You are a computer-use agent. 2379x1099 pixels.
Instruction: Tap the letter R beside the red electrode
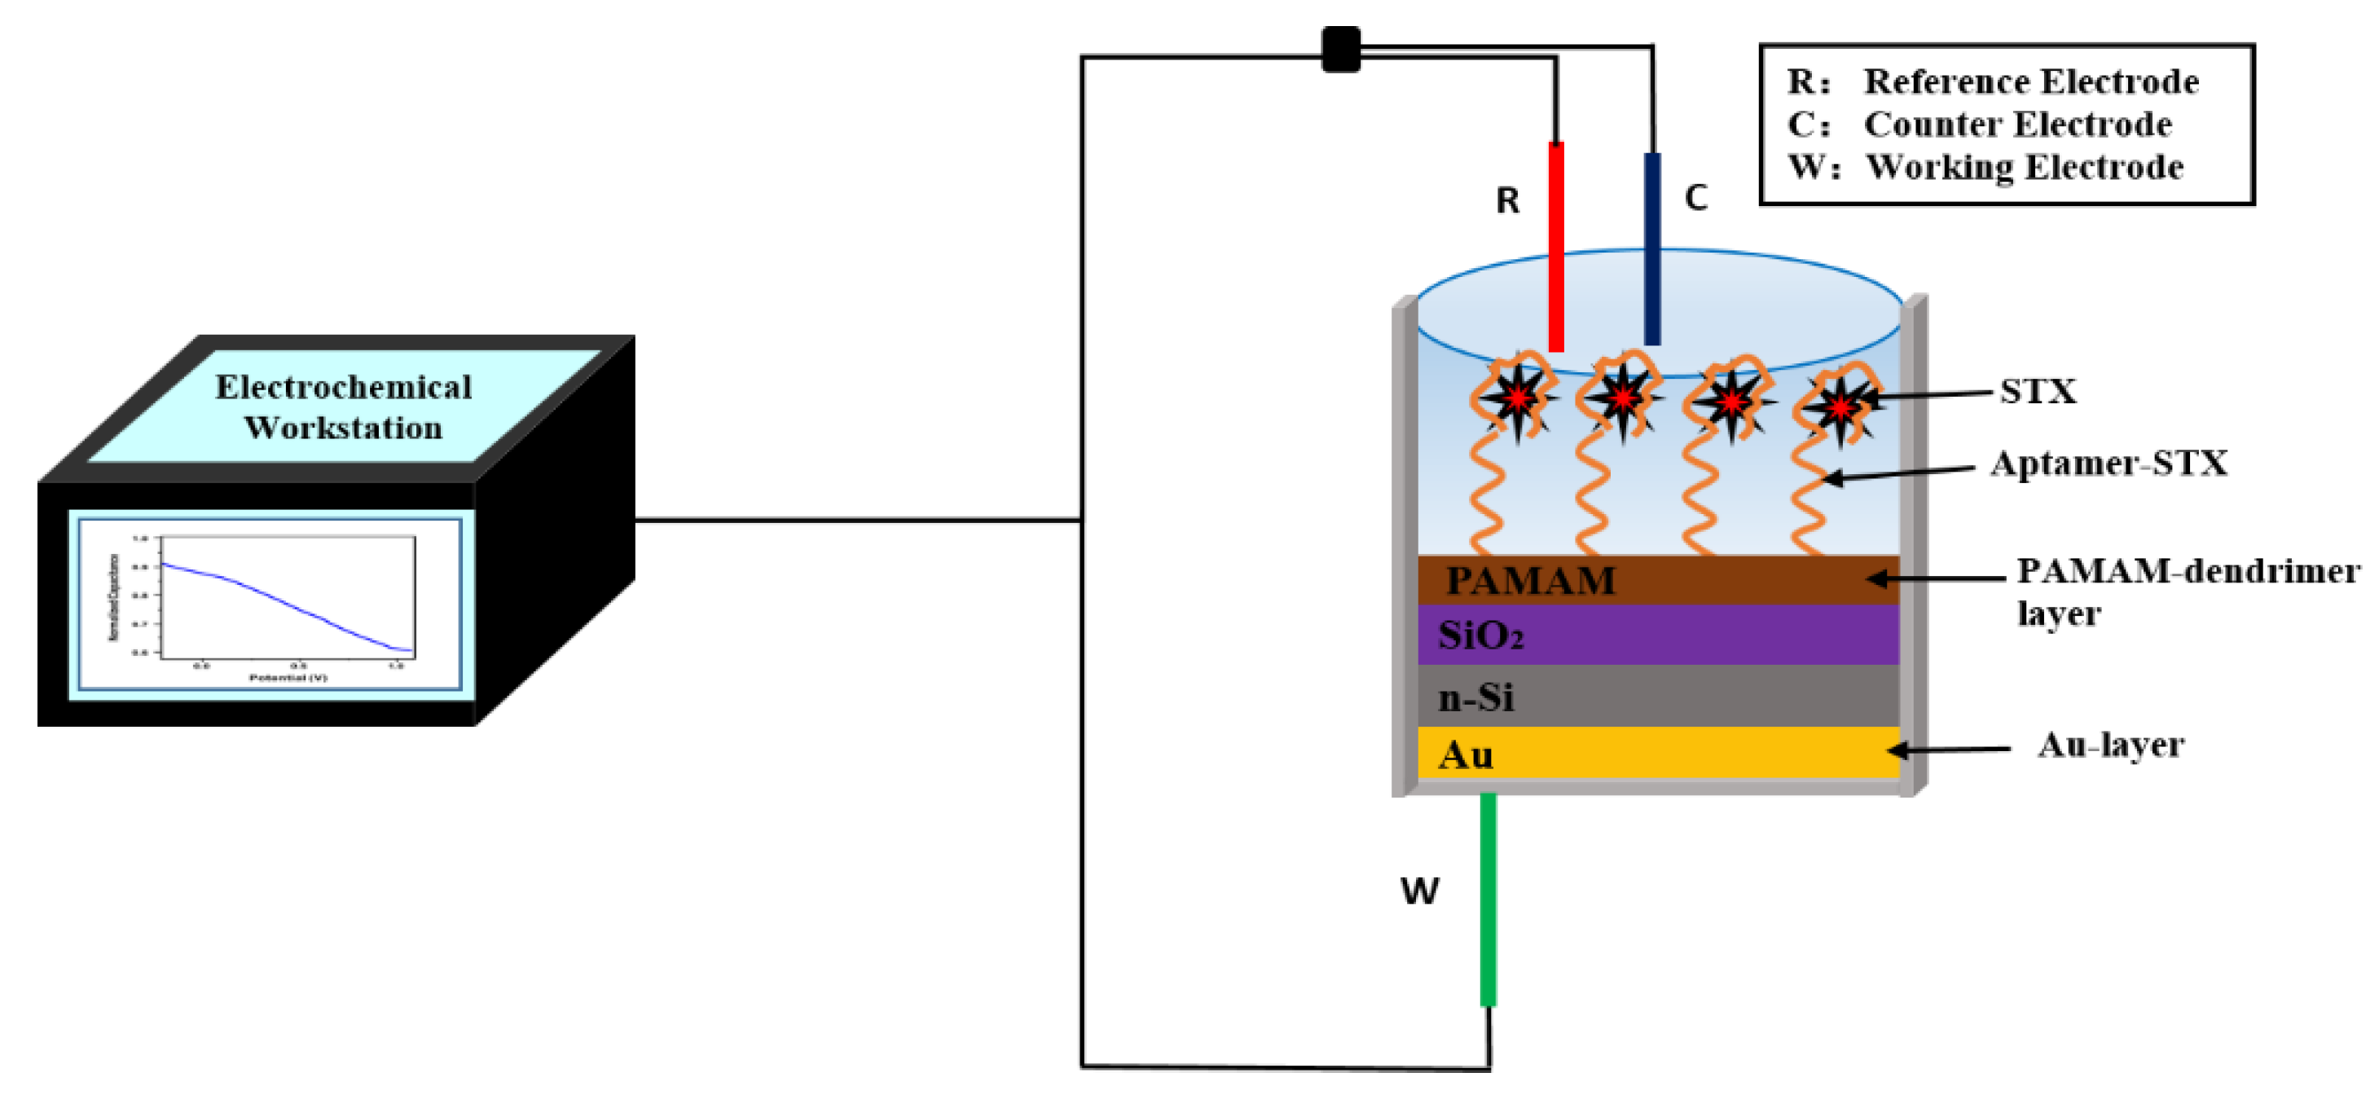1507,200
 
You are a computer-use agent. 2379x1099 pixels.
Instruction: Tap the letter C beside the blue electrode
1695,198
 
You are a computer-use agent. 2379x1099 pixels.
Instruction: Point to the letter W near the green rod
1419,891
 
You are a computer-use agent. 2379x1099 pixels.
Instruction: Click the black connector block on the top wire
1341,49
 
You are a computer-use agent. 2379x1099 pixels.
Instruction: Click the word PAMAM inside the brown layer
1530,581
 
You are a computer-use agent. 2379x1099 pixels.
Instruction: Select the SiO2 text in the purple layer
1480,635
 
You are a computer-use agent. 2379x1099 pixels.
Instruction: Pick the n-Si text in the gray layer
1475,697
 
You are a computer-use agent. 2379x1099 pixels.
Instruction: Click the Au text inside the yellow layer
1466,754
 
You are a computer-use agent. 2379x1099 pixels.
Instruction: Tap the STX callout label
2038,392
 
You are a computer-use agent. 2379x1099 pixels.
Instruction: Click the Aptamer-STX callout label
2109,463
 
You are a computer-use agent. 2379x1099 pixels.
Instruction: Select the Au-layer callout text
2110,745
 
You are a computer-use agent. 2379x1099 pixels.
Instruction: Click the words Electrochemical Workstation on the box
344,407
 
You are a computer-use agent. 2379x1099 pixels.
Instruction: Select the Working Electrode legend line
1986,167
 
